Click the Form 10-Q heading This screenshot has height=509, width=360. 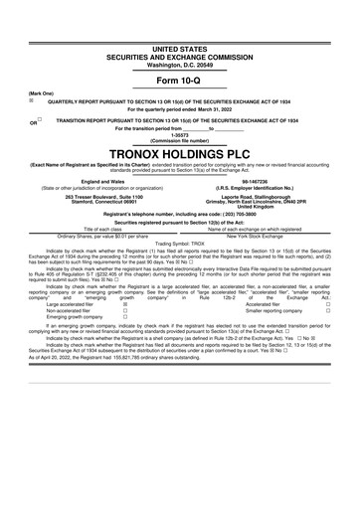(179, 80)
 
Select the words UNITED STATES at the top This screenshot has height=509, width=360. (179, 47)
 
